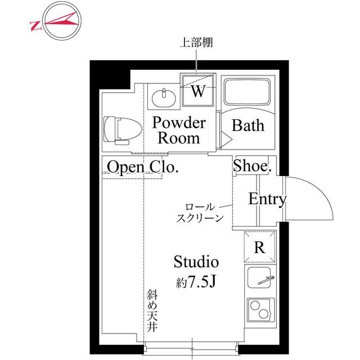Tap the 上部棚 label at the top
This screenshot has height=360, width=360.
click(196, 42)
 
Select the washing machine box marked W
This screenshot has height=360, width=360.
click(197, 91)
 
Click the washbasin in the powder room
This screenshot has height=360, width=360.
click(164, 98)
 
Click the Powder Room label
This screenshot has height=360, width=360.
click(179, 130)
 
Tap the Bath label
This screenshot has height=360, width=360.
click(247, 125)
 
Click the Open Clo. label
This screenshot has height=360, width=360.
click(143, 167)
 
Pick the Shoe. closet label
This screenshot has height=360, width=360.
click(253, 166)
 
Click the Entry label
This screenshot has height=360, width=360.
click(268, 199)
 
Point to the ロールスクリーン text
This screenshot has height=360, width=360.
click(200, 213)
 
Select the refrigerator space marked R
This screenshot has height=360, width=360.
click(259, 247)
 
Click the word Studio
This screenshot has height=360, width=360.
click(195, 262)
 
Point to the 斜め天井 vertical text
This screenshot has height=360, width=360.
click(152, 311)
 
